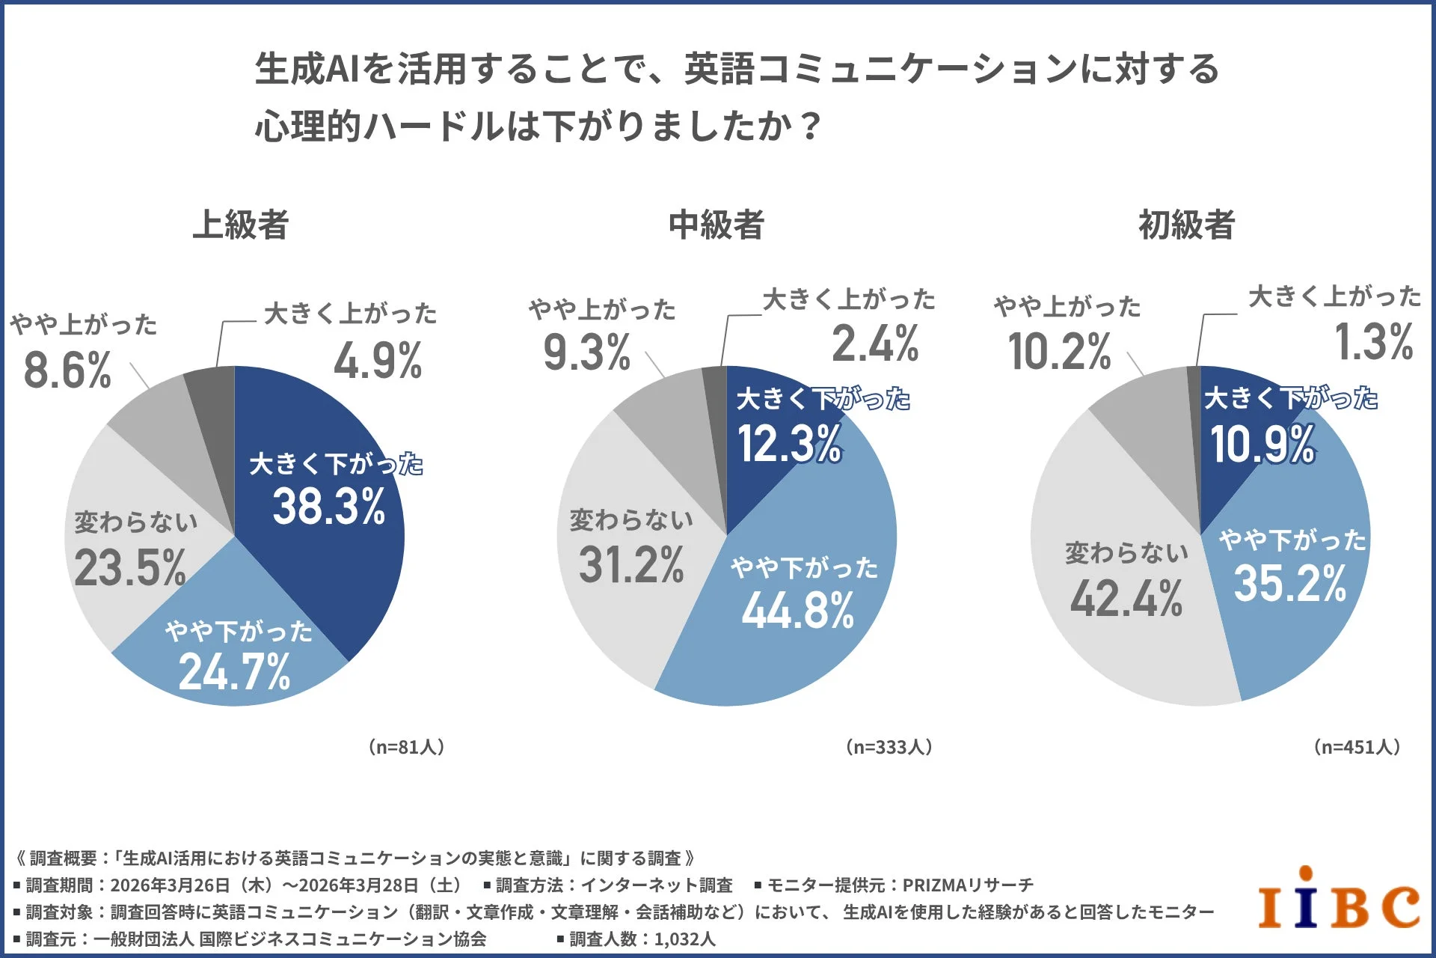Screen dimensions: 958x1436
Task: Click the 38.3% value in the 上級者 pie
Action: tap(329, 507)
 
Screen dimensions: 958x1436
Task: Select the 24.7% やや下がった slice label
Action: tap(235, 671)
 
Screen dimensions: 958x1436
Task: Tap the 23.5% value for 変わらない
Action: tap(130, 568)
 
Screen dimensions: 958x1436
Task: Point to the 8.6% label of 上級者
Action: tap(67, 370)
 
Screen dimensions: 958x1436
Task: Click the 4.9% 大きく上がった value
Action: tap(378, 361)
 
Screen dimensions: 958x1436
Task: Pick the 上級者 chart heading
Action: tap(241, 225)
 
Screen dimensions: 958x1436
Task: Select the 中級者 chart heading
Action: tap(716, 225)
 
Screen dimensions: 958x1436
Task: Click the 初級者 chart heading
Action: tap(1186, 225)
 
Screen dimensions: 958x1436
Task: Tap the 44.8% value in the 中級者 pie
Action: tap(798, 611)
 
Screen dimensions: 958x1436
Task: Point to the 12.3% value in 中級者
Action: tap(790, 443)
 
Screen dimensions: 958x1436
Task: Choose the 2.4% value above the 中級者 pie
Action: tap(875, 344)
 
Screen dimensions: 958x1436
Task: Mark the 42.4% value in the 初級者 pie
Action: tap(1126, 599)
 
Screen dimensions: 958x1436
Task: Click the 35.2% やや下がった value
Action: tap(1290, 584)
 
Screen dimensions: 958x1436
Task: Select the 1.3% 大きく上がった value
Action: tap(1374, 342)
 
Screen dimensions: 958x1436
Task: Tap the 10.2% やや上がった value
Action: tap(1059, 351)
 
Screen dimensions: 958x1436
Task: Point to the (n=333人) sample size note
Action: tap(889, 747)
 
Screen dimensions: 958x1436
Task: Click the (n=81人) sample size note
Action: tap(406, 747)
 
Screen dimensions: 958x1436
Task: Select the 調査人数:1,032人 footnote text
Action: tap(642, 939)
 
